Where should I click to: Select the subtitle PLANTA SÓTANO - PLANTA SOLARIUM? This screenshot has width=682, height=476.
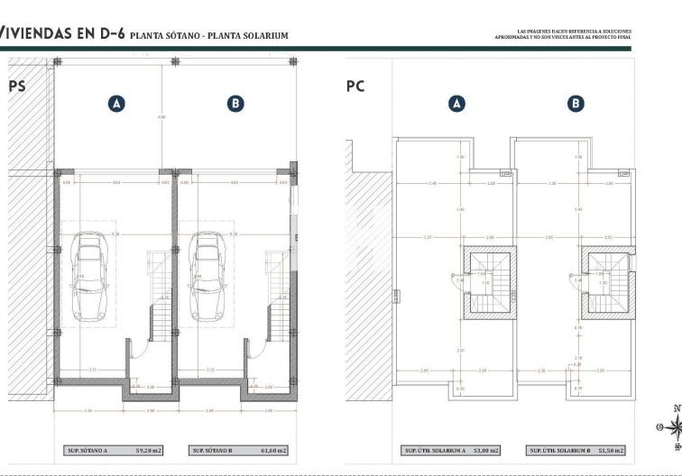(x=209, y=36)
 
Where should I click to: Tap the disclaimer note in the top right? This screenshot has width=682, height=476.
(x=563, y=34)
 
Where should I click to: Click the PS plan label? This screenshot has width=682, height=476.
(x=16, y=87)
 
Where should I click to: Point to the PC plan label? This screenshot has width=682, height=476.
(x=355, y=87)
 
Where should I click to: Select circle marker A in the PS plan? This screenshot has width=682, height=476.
(x=116, y=104)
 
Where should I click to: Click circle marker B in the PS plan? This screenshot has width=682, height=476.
(x=235, y=104)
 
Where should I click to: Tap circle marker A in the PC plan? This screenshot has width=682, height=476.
(x=457, y=104)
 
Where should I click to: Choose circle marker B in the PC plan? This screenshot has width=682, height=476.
(x=576, y=104)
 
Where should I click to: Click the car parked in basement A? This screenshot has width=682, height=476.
(x=89, y=277)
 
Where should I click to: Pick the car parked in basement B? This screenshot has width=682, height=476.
(x=208, y=277)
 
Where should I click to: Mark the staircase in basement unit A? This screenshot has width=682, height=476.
(x=160, y=297)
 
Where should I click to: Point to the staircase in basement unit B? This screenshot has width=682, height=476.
(x=277, y=297)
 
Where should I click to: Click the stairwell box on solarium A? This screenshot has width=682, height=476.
(x=489, y=283)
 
